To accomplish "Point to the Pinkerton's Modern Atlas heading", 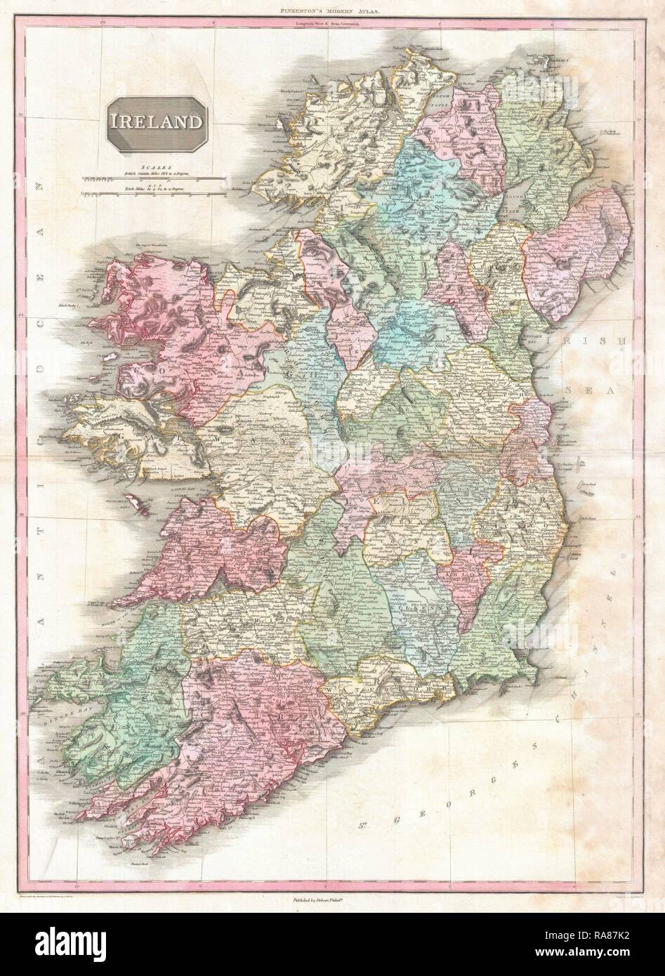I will pyautogui.click(x=332, y=13).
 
